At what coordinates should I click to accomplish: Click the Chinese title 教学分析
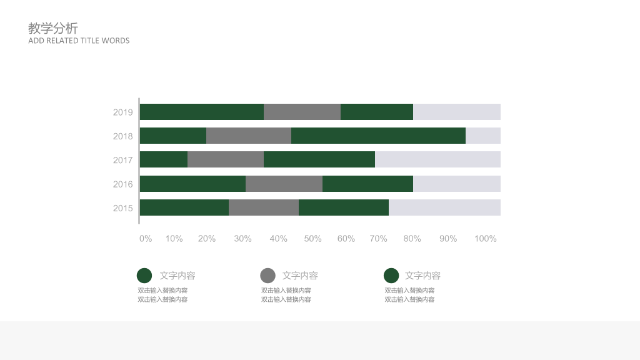pyautogui.click(x=53, y=28)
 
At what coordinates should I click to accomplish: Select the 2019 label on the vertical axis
pyautogui.click(x=123, y=112)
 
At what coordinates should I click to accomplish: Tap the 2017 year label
pyautogui.click(x=123, y=160)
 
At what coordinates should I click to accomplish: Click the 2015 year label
pyautogui.click(x=123, y=208)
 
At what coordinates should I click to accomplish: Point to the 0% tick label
pyautogui.click(x=146, y=239)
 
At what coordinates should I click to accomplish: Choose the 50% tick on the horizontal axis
pyautogui.click(x=312, y=239)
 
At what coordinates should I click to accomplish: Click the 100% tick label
pyautogui.click(x=485, y=239)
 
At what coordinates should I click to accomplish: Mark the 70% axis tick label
pyautogui.click(x=378, y=239)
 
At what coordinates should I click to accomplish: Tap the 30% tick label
pyautogui.click(x=242, y=239)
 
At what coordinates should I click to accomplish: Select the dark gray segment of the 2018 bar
pyautogui.click(x=249, y=136)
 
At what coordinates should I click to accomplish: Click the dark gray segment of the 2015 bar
pyautogui.click(x=264, y=207)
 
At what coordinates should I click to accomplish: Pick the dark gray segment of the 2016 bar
pyautogui.click(x=284, y=184)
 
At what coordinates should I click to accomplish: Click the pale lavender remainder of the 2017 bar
pyautogui.click(x=437, y=159)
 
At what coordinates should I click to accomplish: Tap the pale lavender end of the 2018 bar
pyautogui.click(x=483, y=136)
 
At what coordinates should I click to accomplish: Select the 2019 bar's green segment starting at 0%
pyautogui.click(x=202, y=112)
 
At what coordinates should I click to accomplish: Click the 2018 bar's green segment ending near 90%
pyautogui.click(x=378, y=136)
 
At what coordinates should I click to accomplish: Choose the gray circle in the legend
pyautogui.click(x=267, y=276)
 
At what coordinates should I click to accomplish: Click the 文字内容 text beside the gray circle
pyautogui.click(x=300, y=276)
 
